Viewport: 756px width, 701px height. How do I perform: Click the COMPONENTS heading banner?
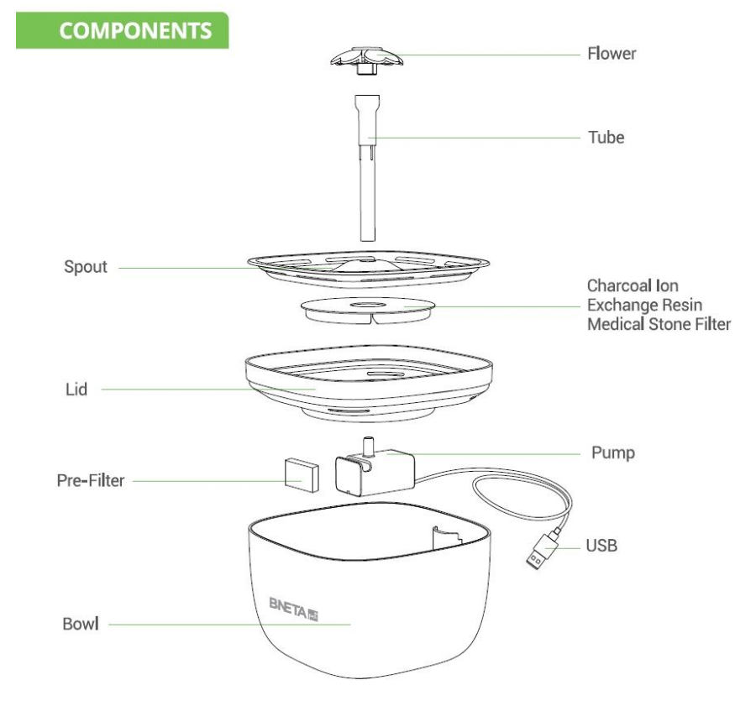tap(122, 30)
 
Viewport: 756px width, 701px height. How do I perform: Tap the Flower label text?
tap(612, 54)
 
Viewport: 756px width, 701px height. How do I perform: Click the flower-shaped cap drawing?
tap(367, 60)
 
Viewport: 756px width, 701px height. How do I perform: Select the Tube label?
tap(606, 138)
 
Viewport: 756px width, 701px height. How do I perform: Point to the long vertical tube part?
tap(367, 168)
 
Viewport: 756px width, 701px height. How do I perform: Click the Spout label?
tap(86, 267)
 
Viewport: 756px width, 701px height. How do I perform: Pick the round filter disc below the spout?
tap(367, 311)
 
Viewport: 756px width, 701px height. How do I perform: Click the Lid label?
tap(76, 390)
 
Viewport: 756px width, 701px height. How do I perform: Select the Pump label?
tap(613, 453)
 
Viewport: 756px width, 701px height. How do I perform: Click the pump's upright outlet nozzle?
tap(369, 446)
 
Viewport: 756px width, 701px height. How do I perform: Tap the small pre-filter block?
tap(302, 475)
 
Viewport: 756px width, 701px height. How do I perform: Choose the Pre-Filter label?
tap(91, 480)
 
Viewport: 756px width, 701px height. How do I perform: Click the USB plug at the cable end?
tap(543, 551)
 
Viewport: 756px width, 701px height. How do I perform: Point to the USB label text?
tap(601, 546)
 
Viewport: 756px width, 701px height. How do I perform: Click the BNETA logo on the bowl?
tap(294, 609)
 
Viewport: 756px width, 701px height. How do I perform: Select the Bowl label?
tap(81, 624)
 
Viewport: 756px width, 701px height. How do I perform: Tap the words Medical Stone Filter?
tap(659, 324)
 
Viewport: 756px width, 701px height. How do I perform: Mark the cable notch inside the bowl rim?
tap(447, 537)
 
